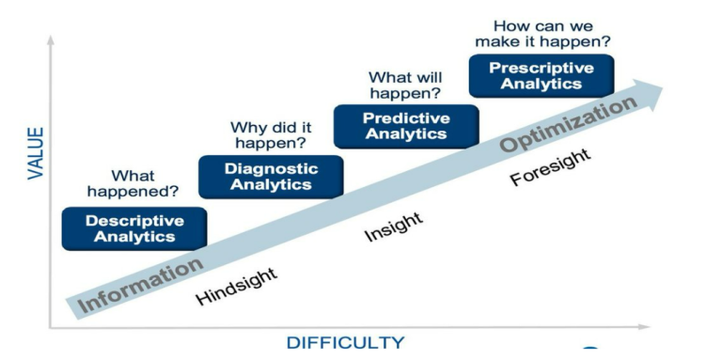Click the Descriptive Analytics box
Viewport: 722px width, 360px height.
click(134, 228)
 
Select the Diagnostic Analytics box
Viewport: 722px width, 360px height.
click(271, 177)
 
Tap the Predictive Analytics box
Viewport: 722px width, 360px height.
click(406, 126)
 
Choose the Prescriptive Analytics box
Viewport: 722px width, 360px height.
click(541, 75)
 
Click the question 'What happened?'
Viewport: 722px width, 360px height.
click(133, 183)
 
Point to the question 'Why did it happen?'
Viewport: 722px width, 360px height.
click(270, 135)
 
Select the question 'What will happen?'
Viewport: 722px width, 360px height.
click(405, 85)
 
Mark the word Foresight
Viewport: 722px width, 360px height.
click(551, 167)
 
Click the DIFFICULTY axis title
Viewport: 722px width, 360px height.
click(345, 343)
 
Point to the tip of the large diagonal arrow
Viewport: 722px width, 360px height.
click(662, 88)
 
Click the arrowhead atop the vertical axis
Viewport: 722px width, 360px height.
click(51, 39)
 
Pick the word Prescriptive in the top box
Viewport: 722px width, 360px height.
click(541, 68)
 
